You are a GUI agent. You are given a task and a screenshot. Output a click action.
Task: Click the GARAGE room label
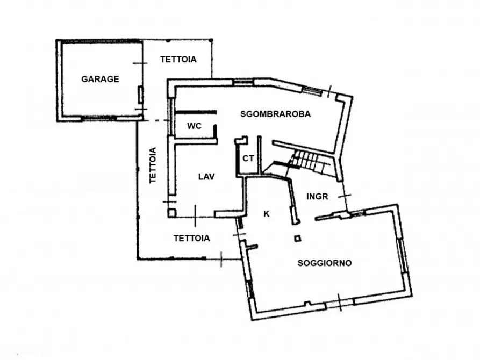(x=100, y=79)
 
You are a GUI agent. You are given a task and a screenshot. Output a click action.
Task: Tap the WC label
(x=194, y=126)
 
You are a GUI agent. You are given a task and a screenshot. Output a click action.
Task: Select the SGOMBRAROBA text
(x=276, y=114)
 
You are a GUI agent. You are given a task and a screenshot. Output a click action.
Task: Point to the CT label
(x=248, y=159)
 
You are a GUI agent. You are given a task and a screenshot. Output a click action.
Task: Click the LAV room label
(x=206, y=176)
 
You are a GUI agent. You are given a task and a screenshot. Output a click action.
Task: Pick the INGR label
(x=317, y=196)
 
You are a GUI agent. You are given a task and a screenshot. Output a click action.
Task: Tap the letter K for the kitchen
(x=266, y=214)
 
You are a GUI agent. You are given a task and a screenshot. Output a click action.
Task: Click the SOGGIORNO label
(x=325, y=263)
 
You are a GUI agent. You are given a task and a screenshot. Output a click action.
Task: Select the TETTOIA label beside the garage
(x=178, y=60)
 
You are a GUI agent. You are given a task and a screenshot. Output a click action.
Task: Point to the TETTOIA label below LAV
(x=191, y=237)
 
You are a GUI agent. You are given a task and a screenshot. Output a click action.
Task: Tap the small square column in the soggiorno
(x=297, y=238)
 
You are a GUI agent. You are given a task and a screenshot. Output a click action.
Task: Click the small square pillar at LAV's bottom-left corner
(x=171, y=212)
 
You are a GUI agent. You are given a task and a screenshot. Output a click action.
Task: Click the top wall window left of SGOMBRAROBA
(x=243, y=82)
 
